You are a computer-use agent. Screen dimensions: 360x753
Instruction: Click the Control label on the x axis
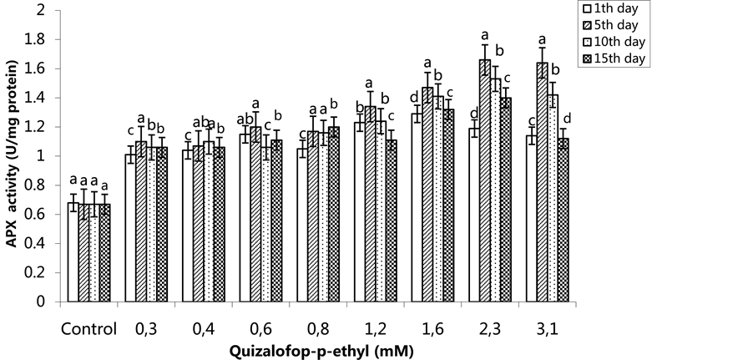[x=88, y=328]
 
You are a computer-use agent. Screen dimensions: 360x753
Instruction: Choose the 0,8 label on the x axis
[x=320, y=328]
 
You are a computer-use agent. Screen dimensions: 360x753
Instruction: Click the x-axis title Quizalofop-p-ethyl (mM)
[x=320, y=351]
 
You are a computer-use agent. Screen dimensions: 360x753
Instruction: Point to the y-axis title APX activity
[x=12, y=156]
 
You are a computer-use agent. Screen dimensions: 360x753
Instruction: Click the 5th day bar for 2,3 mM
[x=484, y=180]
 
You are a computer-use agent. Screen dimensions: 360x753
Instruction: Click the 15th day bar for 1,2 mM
[x=392, y=221]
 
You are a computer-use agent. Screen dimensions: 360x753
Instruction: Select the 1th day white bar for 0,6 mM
[x=245, y=218]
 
